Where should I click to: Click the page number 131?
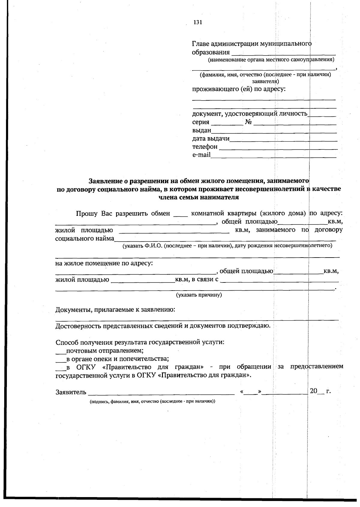tap(198, 23)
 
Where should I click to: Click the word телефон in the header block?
tap(205, 147)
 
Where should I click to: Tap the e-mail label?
tap(201, 155)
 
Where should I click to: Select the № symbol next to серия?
tap(248, 122)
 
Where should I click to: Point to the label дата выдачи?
tap(211, 139)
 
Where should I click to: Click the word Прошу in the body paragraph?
tap(86, 213)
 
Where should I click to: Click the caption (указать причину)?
tap(199, 295)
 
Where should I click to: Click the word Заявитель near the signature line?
tap(71, 392)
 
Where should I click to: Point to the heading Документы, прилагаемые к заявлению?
tap(115, 310)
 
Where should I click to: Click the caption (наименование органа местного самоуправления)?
tap(271, 60)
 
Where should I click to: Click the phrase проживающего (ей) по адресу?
tap(239, 89)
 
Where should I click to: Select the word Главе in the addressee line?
tap(200, 44)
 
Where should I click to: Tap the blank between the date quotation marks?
tap(251, 392)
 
